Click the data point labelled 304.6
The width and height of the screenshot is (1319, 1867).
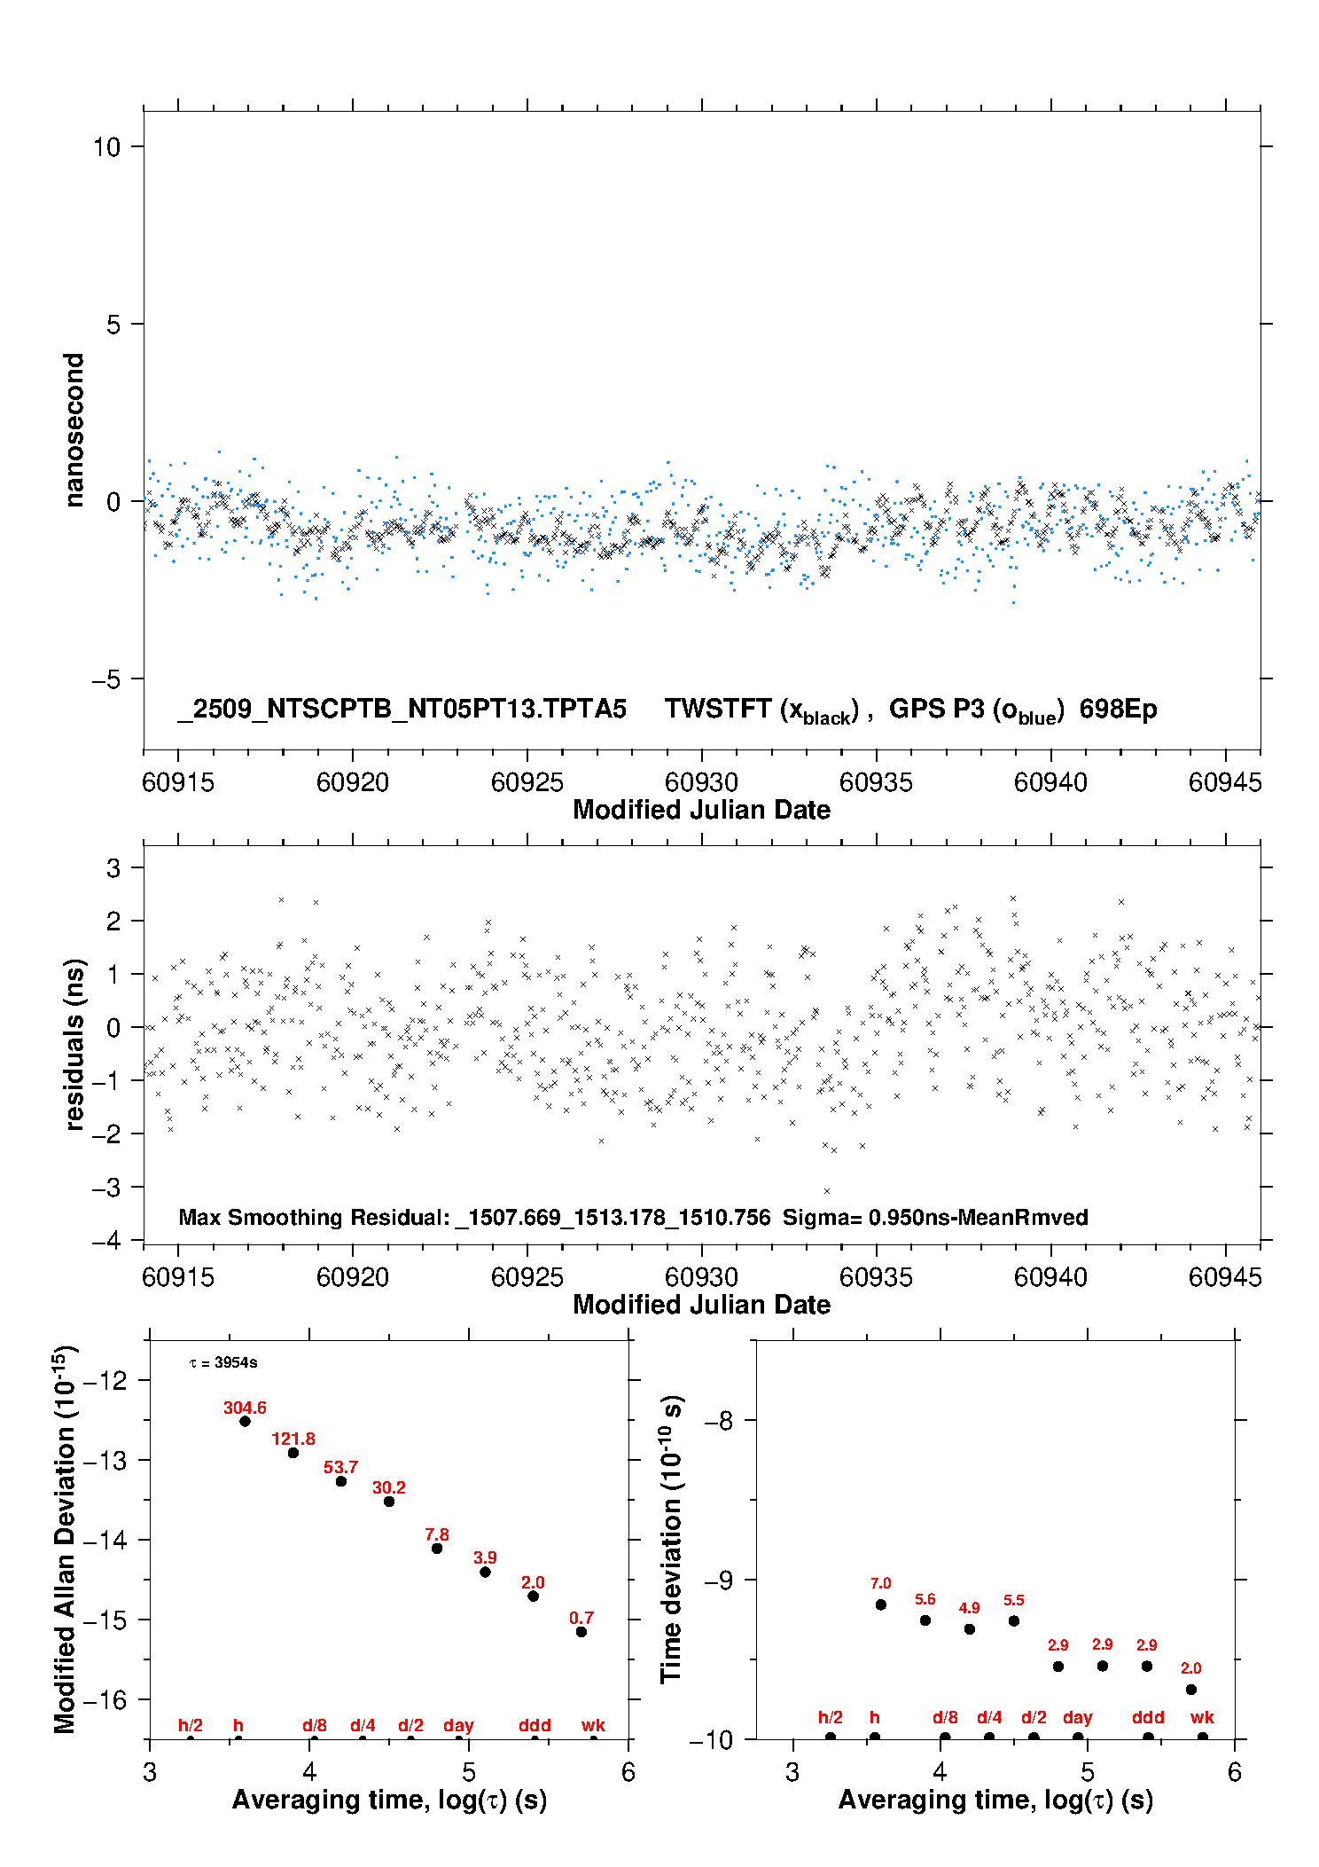pos(245,1421)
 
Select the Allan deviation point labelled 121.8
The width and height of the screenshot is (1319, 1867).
pos(293,1453)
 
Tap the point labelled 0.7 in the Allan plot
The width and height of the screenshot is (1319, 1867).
pos(581,1631)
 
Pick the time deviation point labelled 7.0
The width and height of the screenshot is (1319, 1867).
pos(880,1604)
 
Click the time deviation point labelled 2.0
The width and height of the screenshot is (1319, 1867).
pos(1191,1690)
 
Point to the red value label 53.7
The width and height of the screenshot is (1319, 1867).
pos(340,1468)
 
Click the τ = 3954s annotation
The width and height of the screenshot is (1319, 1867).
pos(223,1362)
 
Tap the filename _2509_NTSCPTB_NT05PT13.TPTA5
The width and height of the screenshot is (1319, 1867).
pos(402,709)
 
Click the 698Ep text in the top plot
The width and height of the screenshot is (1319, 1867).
pos(1118,709)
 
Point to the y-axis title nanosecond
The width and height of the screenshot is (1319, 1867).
pos(74,430)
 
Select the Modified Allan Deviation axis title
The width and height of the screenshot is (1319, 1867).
pos(66,1540)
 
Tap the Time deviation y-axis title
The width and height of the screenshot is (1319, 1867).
pos(671,1539)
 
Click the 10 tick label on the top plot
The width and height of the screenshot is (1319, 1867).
pos(106,147)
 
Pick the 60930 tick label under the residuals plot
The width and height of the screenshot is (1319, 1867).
pos(701,1277)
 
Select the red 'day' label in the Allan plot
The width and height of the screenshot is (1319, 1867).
pos(458,1725)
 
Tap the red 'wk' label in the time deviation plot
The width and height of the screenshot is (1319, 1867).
pos(1202,1717)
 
